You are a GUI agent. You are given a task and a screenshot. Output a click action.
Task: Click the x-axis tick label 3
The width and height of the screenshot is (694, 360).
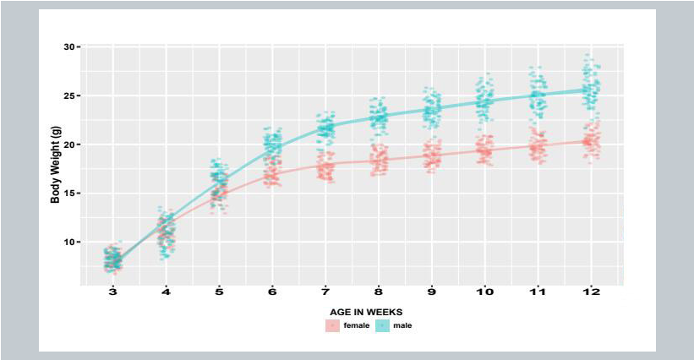(x=113, y=292)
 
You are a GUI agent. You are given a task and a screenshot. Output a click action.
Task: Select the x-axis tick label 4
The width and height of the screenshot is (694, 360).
(x=167, y=292)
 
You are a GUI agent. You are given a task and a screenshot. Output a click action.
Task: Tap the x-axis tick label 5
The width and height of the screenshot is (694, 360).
(x=219, y=292)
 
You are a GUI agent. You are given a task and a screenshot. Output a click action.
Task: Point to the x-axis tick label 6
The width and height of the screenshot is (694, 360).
(x=272, y=292)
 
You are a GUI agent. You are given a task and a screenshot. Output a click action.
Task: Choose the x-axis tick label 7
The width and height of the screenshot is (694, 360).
(x=325, y=292)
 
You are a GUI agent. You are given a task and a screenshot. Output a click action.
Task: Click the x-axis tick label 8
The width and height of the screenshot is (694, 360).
(x=379, y=292)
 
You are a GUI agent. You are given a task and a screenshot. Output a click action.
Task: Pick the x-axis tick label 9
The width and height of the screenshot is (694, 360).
(x=432, y=292)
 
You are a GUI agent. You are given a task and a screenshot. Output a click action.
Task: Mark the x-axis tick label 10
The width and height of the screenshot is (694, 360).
(x=485, y=292)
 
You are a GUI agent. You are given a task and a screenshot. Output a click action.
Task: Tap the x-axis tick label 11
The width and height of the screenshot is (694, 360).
(x=538, y=292)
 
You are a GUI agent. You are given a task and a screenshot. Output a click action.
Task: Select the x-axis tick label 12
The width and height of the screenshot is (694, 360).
(x=591, y=292)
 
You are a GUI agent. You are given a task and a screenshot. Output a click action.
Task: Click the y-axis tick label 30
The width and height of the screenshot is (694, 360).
(x=68, y=46)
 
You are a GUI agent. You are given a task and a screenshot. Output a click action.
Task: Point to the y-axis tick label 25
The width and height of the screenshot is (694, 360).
(x=68, y=95)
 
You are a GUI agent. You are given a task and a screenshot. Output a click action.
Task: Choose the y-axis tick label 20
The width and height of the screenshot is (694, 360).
(x=68, y=145)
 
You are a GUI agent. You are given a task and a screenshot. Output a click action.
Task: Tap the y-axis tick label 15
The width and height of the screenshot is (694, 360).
(x=68, y=194)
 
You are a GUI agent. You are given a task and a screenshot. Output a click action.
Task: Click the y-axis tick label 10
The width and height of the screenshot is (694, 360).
(x=68, y=243)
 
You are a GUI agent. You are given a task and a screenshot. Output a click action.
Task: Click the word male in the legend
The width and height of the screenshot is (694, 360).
(x=402, y=325)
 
